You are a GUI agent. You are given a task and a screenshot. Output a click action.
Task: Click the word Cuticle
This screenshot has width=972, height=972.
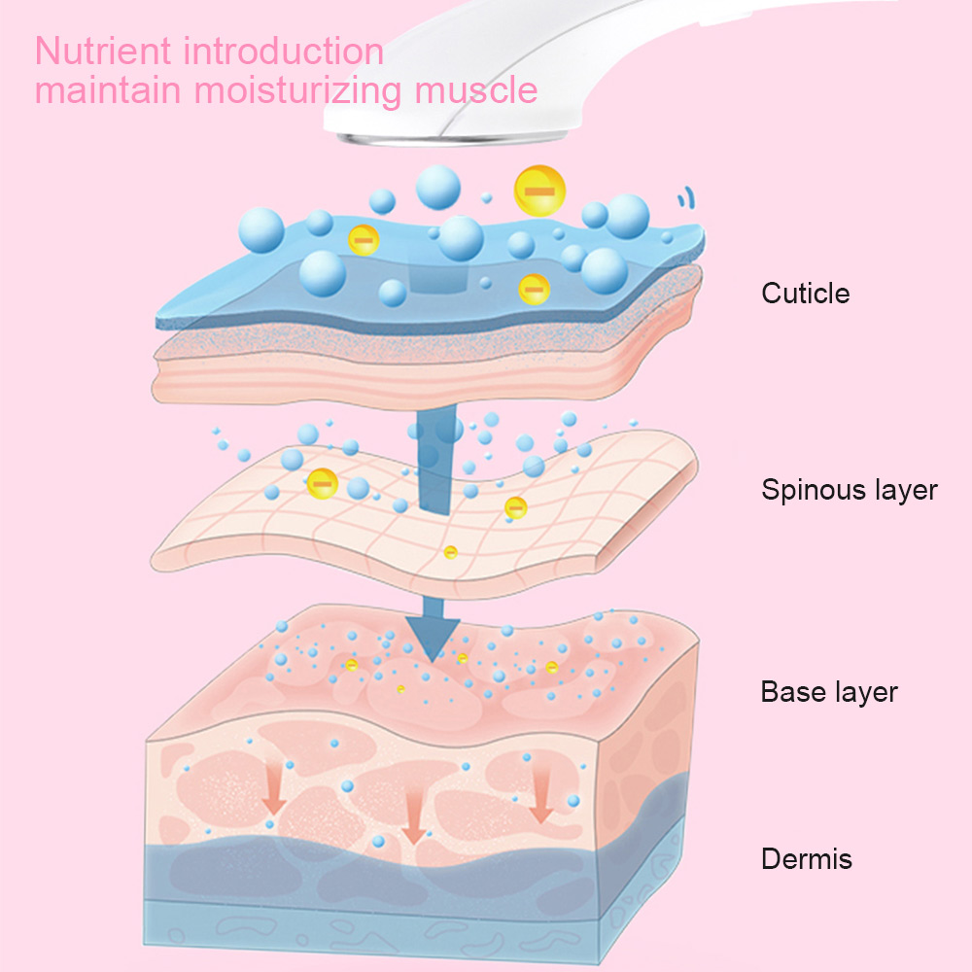click(805, 294)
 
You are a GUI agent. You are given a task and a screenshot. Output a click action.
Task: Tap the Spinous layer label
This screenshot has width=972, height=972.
click(850, 490)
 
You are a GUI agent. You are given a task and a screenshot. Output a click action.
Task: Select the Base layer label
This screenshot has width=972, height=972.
click(829, 692)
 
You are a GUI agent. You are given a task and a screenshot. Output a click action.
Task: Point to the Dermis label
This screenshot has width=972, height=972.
click(807, 858)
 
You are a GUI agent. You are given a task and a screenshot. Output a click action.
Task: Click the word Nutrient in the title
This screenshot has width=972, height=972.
click(103, 51)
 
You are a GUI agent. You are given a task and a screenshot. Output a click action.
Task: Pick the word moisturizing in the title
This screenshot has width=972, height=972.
click(298, 90)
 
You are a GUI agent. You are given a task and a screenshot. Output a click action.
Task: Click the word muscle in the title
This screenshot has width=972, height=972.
click(475, 89)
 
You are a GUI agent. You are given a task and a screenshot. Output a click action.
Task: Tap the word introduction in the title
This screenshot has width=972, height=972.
click(283, 51)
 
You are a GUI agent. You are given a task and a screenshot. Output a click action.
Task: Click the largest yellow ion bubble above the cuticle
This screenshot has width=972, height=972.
click(539, 191)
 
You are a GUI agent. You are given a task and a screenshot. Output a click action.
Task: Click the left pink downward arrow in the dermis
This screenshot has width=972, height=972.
click(273, 788)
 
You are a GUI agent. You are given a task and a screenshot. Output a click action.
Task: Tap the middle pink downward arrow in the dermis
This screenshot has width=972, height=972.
click(413, 817)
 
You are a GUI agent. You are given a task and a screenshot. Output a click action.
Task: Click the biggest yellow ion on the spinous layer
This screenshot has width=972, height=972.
click(323, 483)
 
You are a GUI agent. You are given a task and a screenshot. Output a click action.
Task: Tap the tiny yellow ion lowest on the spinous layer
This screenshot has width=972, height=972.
click(451, 552)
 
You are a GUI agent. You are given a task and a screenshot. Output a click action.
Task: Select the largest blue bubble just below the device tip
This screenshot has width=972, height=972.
click(437, 188)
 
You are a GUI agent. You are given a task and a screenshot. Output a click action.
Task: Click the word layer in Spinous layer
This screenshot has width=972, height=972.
click(906, 491)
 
